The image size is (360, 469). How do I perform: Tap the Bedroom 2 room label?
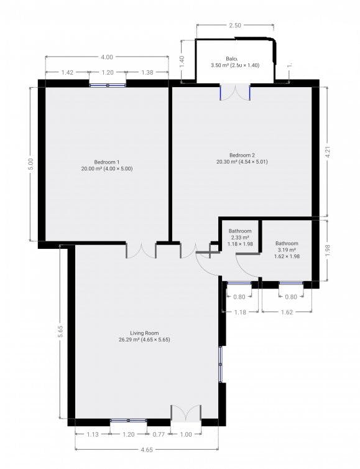click(x=242, y=156)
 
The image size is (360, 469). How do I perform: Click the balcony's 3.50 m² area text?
click(x=234, y=65)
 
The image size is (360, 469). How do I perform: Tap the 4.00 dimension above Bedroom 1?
click(x=106, y=58)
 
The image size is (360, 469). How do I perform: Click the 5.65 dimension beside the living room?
click(x=60, y=332)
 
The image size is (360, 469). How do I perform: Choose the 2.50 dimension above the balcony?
click(x=235, y=26)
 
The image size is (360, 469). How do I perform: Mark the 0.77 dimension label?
click(x=159, y=434)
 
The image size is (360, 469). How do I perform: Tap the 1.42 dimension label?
click(x=67, y=73)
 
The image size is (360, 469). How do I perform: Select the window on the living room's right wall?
click(x=220, y=363)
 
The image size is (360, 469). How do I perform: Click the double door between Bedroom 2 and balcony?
click(x=236, y=92)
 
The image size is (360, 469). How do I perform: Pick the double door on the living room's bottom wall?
click(x=186, y=414)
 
